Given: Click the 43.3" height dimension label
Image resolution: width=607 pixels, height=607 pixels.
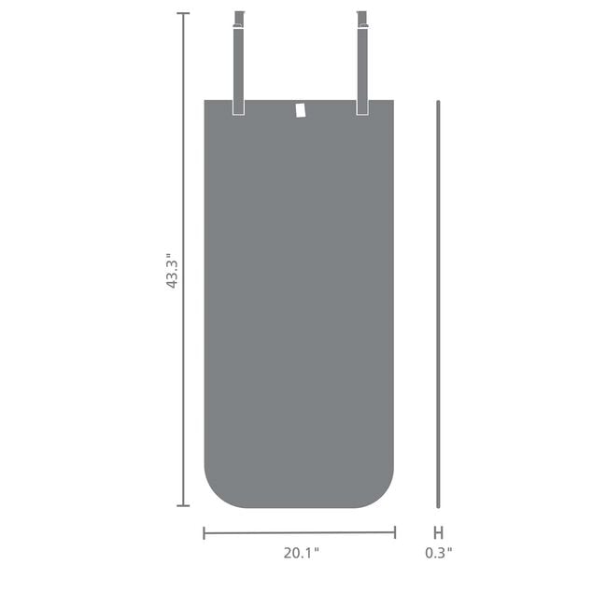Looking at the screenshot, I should pos(172,270).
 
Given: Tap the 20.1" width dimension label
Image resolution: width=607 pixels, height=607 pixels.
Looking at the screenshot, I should pos(301,552).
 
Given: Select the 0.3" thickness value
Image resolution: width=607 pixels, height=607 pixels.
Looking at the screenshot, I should pos(438,552).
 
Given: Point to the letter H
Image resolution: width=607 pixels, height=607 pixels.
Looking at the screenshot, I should pos(438,533).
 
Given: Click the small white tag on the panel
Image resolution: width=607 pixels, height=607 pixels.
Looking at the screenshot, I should pos(300,110).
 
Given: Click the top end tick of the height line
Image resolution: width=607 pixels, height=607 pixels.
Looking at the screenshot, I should pos(183,14).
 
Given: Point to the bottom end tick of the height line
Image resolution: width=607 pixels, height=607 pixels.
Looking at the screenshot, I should pos(183,506).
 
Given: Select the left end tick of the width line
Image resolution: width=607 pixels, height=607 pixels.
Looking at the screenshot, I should pos(205,533).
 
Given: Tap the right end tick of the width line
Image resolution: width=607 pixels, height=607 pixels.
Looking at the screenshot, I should pos(395,533).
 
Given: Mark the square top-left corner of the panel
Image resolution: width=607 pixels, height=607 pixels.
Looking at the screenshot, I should pos(206,101).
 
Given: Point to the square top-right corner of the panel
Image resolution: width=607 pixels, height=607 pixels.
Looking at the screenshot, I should pos(392,101).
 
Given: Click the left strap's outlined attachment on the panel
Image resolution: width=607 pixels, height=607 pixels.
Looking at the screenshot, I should pos(238,106).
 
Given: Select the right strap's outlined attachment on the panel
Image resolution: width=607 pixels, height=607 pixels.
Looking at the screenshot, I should pos(362,106).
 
